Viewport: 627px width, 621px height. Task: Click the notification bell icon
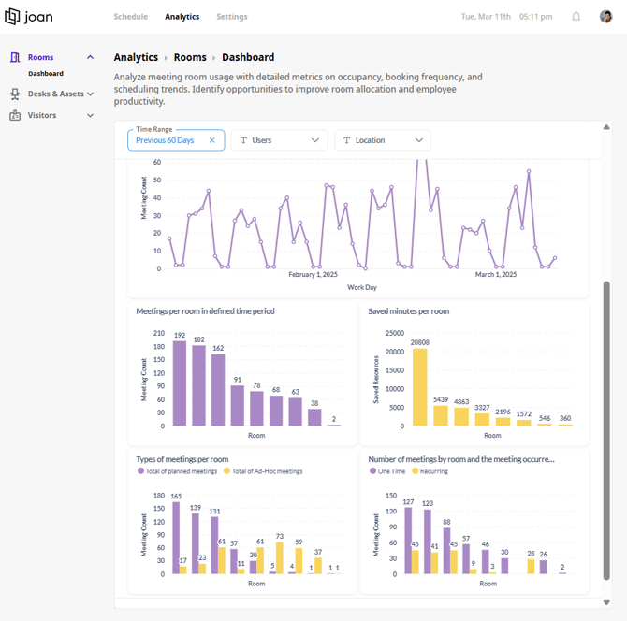[576, 17]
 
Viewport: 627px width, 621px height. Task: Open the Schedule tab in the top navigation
[131, 17]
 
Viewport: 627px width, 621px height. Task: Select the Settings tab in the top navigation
[232, 17]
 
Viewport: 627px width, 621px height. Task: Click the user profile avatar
[605, 17]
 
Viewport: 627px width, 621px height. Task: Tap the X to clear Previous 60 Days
[211, 140]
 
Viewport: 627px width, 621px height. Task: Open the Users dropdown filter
[280, 140]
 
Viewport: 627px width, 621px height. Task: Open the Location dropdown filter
[383, 140]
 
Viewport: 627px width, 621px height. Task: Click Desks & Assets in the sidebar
[55, 94]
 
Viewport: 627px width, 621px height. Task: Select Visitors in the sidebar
[42, 115]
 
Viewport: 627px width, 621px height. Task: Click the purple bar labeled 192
[180, 383]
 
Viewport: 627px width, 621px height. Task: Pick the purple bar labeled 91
[238, 406]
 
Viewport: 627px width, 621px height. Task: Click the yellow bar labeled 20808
[420, 387]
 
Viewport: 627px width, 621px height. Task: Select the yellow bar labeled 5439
[441, 415]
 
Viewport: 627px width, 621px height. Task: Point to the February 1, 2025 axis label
[313, 275]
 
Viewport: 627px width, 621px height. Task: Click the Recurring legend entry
[430, 471]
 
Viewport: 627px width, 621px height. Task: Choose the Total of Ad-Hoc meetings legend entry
[263, 471]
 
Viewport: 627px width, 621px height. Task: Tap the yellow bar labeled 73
[280, 557]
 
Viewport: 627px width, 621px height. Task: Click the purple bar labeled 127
[408, 541]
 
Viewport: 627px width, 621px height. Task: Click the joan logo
[28, 17]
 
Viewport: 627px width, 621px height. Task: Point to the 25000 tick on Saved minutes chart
[395, 333]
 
